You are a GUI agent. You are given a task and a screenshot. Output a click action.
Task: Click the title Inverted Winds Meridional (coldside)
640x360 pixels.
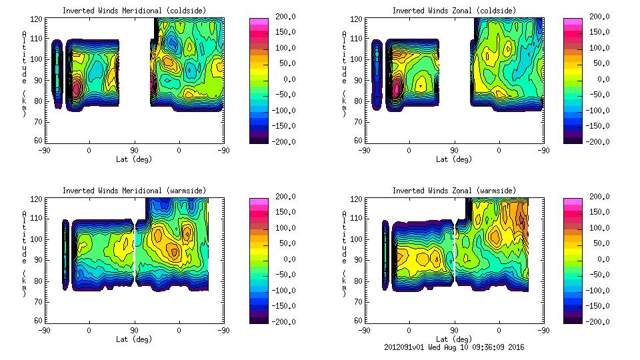coord(134,10)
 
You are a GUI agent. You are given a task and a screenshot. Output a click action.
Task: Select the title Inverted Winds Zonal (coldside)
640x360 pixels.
coord(454,10)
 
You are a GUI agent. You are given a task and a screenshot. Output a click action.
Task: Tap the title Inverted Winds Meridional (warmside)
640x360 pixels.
coord(134,191)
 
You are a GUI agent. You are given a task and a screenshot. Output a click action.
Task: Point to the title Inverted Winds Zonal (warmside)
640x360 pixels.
coord(454,191)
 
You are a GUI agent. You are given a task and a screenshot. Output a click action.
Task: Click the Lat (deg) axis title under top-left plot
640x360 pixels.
coord(134,159)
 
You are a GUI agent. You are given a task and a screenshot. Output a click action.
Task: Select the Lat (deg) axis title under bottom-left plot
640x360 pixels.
coord(134,339)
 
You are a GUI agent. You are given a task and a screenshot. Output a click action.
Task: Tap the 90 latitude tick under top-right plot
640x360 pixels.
coord(455,150)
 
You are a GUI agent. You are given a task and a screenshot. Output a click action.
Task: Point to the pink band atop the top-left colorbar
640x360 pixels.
coord(259,22)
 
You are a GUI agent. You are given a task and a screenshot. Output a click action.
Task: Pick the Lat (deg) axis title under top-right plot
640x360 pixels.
coord(454,159)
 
